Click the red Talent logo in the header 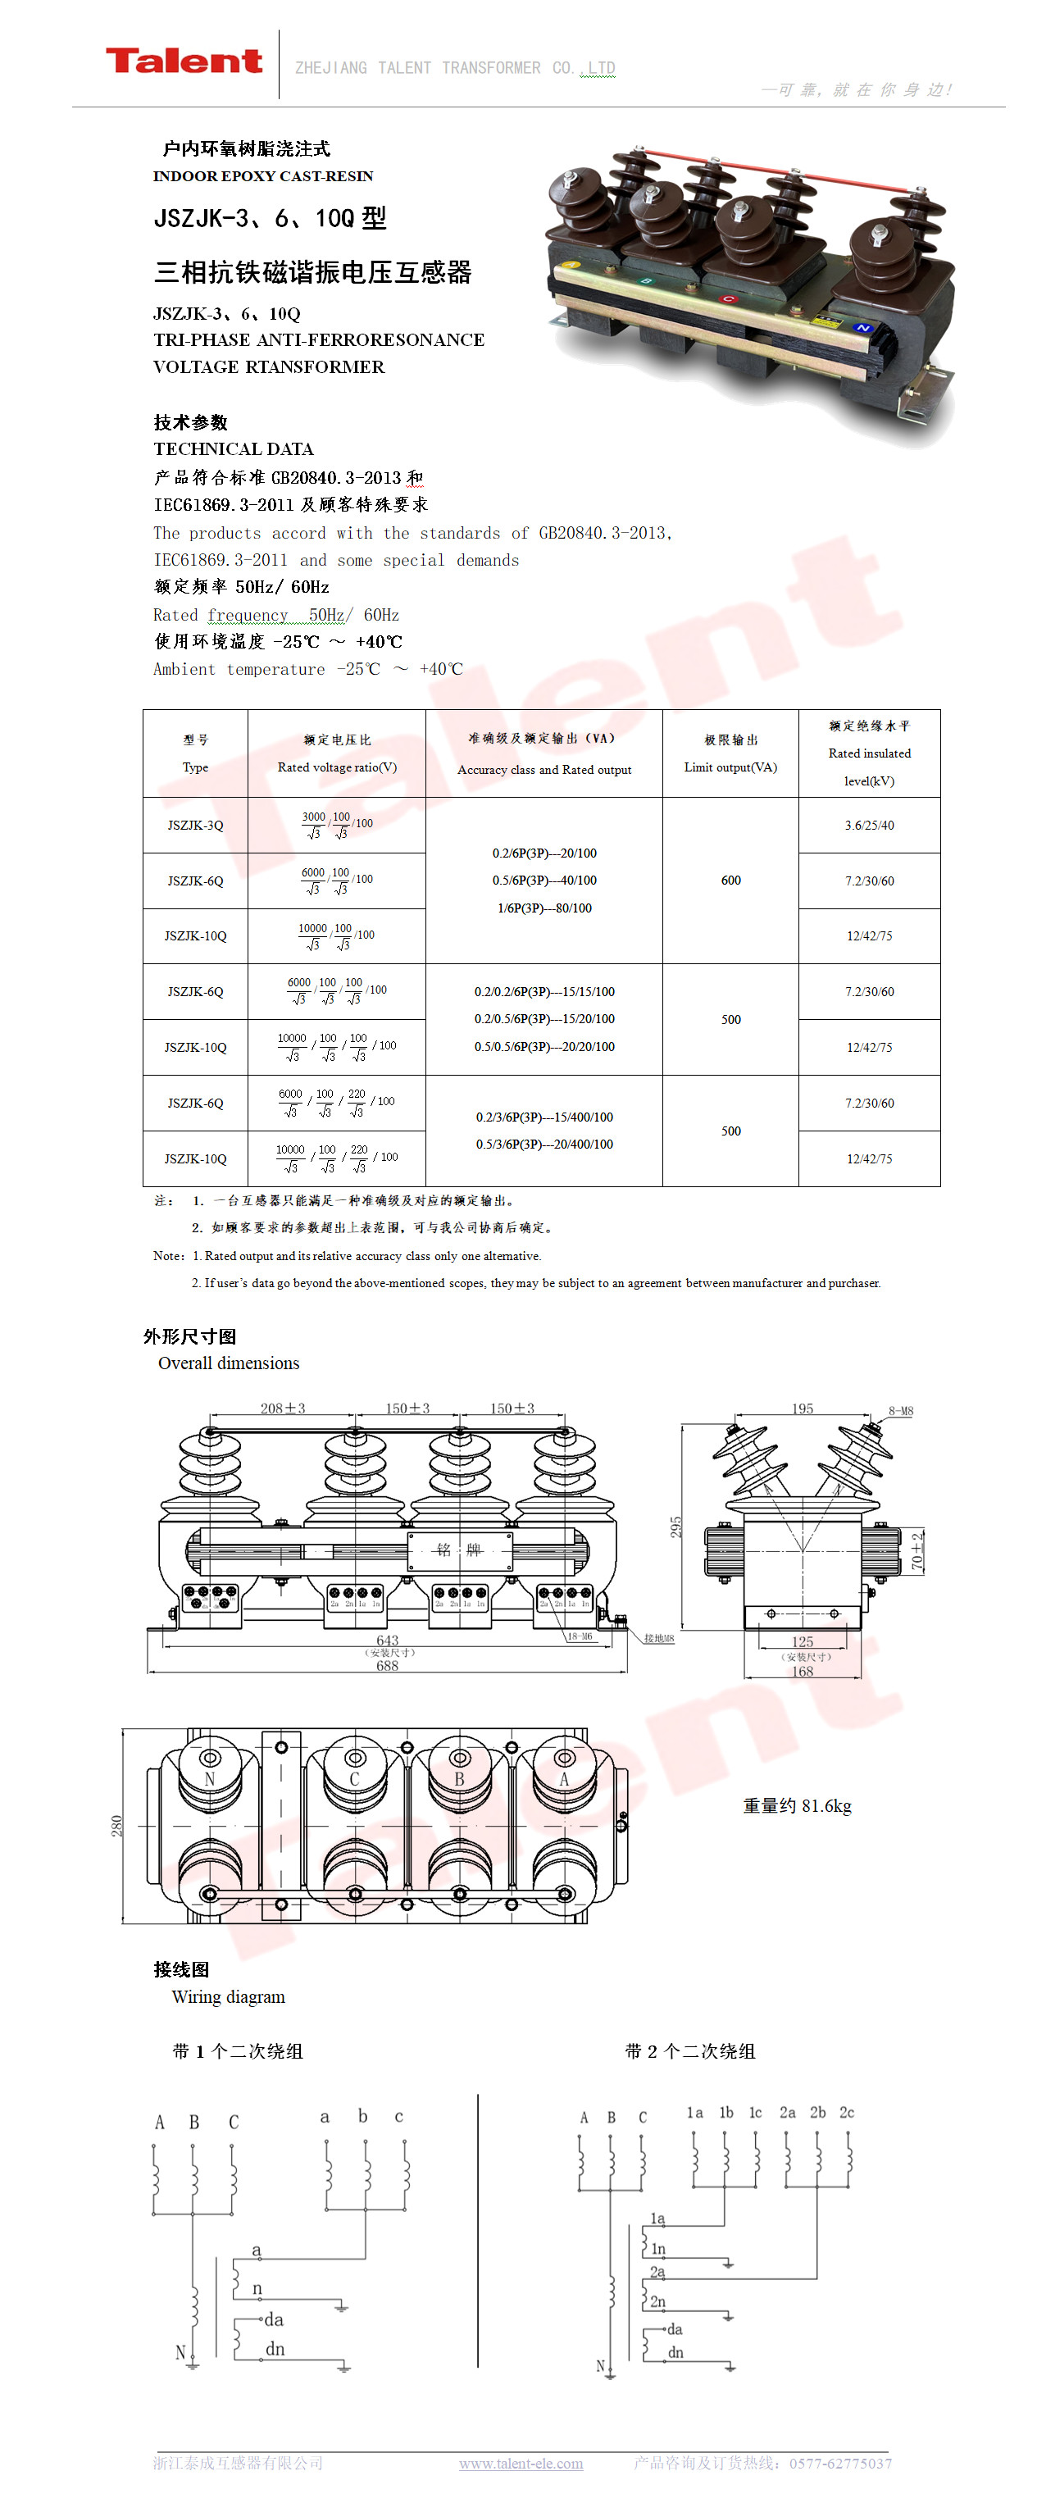184,61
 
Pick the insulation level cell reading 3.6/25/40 869,825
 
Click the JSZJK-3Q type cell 195,825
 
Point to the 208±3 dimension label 282,1408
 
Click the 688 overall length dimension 387,1665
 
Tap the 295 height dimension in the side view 676,1527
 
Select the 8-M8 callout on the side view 900,1411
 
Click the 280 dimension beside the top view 116,1826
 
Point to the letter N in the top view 209,1779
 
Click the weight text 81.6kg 797,1805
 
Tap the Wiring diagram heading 229,1997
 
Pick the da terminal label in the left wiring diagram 274,2320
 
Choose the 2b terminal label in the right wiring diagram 817,2113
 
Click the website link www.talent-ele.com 521,2463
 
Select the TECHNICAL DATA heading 234,449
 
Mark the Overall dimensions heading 229,1363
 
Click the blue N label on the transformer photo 861,329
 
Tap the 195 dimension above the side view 802,1408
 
